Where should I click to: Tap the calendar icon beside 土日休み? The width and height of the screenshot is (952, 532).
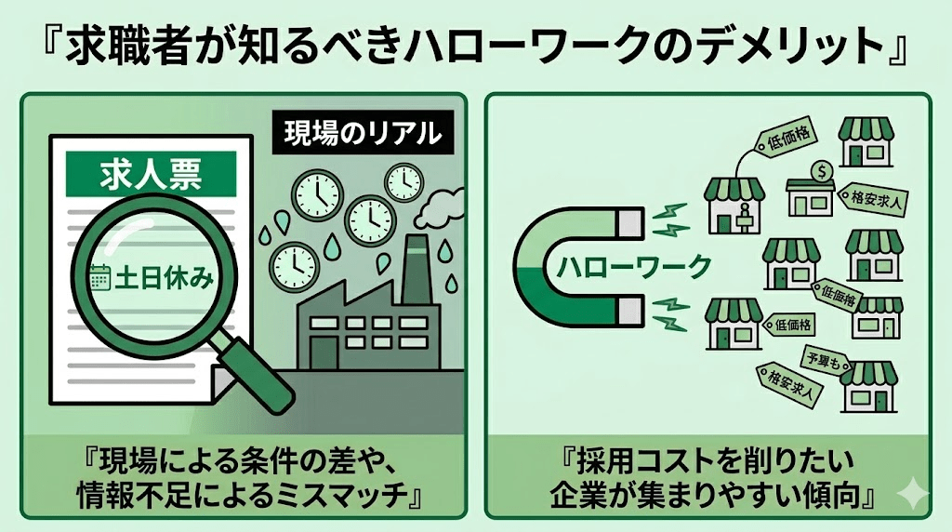pos(98,278)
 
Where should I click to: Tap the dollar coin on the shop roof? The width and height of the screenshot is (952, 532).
pos(820,171)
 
